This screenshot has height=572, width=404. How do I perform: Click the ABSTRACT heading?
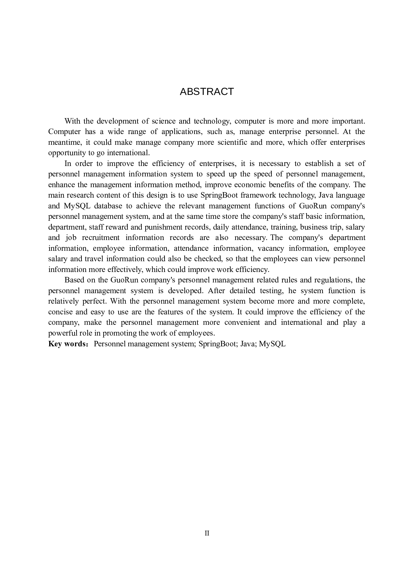pos(207,92)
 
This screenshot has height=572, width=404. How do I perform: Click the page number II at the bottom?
pos(207,533)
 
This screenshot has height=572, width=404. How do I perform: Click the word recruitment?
pos(101,238)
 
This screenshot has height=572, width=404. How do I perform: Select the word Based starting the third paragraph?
pos(74,280)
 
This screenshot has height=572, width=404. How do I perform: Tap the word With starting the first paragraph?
pos(72,121)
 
